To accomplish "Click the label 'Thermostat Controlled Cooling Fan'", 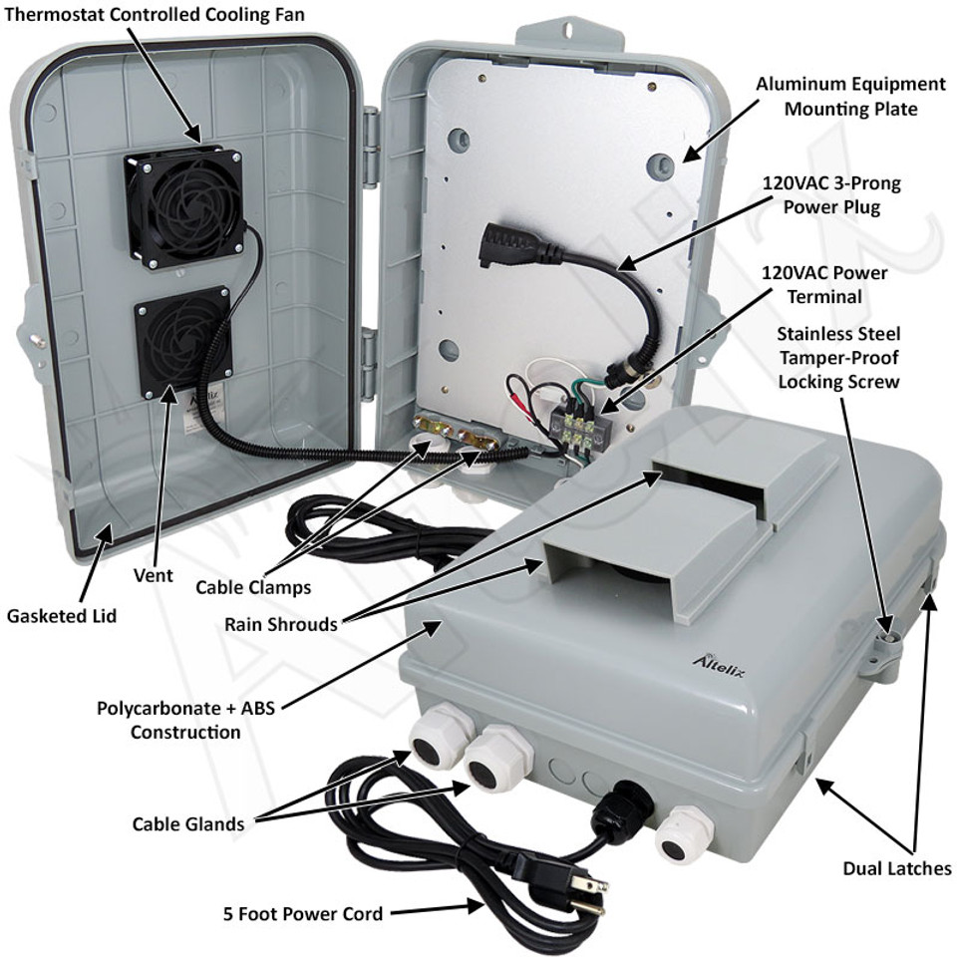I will click(x=154, y=14).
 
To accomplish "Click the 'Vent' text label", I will click(x=153, y=575).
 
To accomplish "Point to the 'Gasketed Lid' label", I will click(x=62, y=616).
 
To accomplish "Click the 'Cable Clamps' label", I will click(x=252, y=587).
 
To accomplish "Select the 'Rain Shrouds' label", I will click(x=280, y=625).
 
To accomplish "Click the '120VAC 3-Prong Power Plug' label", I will click(x=831, y=195).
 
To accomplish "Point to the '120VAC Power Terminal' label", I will click(x=823, y=284).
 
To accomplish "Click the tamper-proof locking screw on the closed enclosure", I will click(x=886, y=631).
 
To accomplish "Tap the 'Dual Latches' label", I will click(x=897, y=868).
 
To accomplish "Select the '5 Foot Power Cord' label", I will click(x=304, y=913).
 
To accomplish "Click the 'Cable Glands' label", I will click(x=187, y=823).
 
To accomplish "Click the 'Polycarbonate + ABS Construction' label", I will click(x=185, y=721).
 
